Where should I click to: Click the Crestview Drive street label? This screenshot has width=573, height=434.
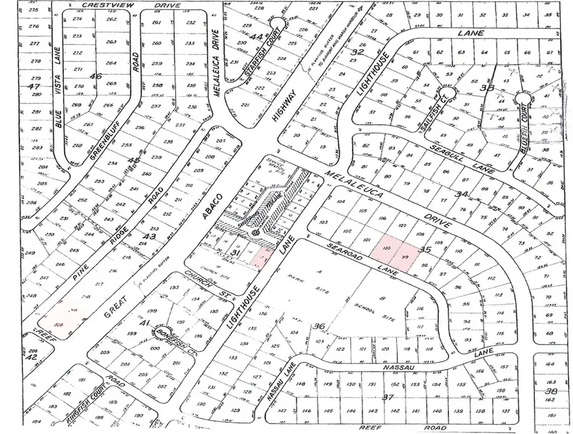[x=131, y=5]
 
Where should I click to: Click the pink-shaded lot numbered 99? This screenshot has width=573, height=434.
[x=405, y=256]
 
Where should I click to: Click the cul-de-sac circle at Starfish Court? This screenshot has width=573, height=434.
[x=276, y=22]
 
